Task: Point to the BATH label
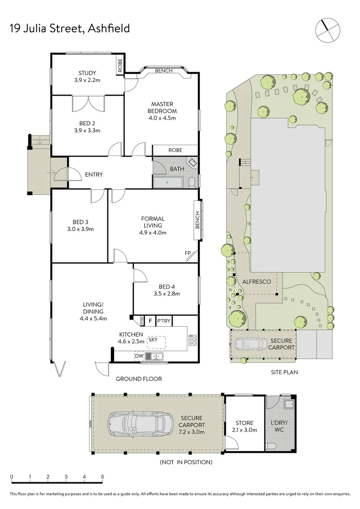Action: click(177, 169)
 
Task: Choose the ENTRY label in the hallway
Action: click(94, 175)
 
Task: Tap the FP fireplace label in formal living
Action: click(188, 254)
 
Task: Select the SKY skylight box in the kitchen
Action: click(153, 339)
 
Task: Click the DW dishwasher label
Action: click(139, 356)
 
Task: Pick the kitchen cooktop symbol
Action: click(192, 340)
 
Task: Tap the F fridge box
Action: click(150, 321)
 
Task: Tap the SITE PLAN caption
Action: click(284, 372)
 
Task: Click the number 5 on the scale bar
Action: click(102, 476)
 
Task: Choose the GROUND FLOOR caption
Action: click(139, 378)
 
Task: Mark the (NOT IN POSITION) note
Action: click(186, 462)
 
